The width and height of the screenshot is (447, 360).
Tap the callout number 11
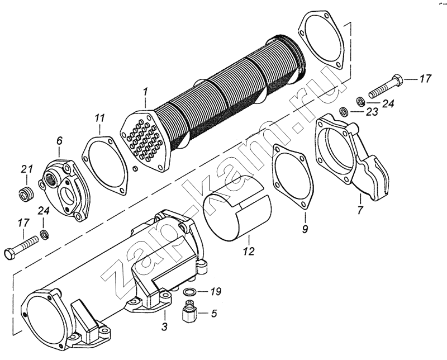coord(99,119)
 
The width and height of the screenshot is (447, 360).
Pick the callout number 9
coord(305,229)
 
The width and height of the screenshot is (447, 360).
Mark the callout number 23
coord(371,112)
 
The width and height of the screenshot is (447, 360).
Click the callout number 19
coord(216,292)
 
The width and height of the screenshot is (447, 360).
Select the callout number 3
coord(164,326)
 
